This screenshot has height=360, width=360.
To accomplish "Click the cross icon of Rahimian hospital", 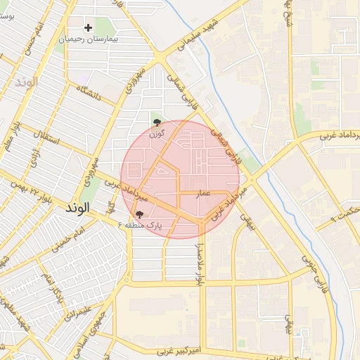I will tap(88, 28).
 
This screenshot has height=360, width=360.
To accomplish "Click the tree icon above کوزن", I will tap(156, 122).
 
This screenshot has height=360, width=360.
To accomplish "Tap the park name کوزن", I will tap(157, 132).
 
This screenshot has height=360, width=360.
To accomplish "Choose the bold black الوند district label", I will tap(77, 209).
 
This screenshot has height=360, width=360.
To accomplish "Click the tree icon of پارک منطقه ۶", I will tap(139, 214).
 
